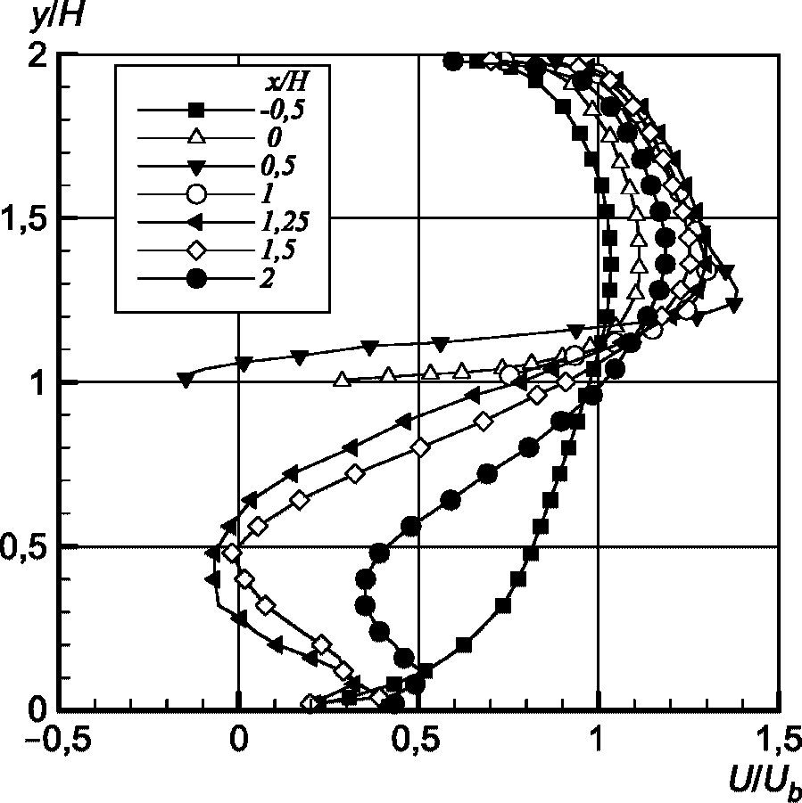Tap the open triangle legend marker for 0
(x=199, y=138)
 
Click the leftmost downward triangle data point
(x=186, y=380)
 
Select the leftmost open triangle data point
(x=341, y=380)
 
